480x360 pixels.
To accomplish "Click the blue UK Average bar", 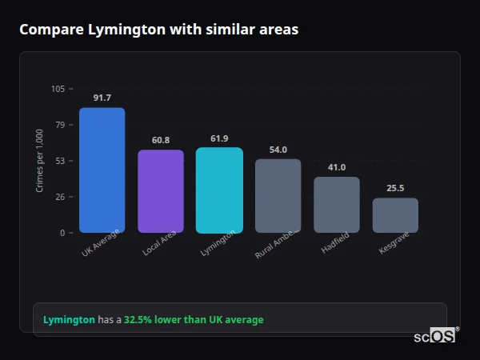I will click(102, 170).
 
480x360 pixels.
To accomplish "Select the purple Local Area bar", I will click(161, 191).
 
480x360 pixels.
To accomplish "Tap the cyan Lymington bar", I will click(219, 190).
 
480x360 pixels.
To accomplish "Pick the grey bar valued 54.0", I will click(278, 196).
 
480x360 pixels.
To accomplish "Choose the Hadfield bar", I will click(337, 205).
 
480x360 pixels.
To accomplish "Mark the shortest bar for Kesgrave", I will click(395, 215).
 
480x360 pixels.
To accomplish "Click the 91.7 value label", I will click(102, 98).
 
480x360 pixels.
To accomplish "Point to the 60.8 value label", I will click(161, 140).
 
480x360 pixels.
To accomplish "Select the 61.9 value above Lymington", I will click(219, 138).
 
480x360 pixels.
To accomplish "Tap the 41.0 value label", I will click(337, 167).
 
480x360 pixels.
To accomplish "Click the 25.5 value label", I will click(395, 188).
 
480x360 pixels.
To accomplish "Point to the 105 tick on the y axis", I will click(58, 89).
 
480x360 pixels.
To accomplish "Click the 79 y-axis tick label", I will click(60, 125).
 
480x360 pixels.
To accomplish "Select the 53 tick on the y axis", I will click(60, 161).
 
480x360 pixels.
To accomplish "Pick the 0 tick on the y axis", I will click(62, 233).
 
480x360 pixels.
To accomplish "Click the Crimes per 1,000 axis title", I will click(40, 160).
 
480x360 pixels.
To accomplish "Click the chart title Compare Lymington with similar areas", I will click(158, 30).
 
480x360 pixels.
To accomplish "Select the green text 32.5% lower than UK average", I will click(193, 320).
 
